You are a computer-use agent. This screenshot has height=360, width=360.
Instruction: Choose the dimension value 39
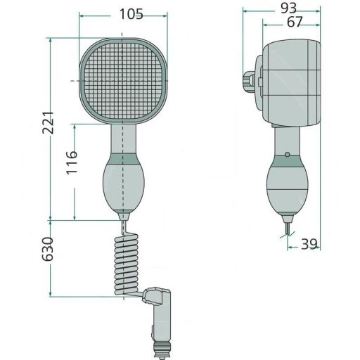coord(310,244)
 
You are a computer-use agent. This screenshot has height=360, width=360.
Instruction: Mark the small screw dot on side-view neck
coord(286,155)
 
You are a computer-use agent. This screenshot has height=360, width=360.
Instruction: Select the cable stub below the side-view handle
coord(288,228)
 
